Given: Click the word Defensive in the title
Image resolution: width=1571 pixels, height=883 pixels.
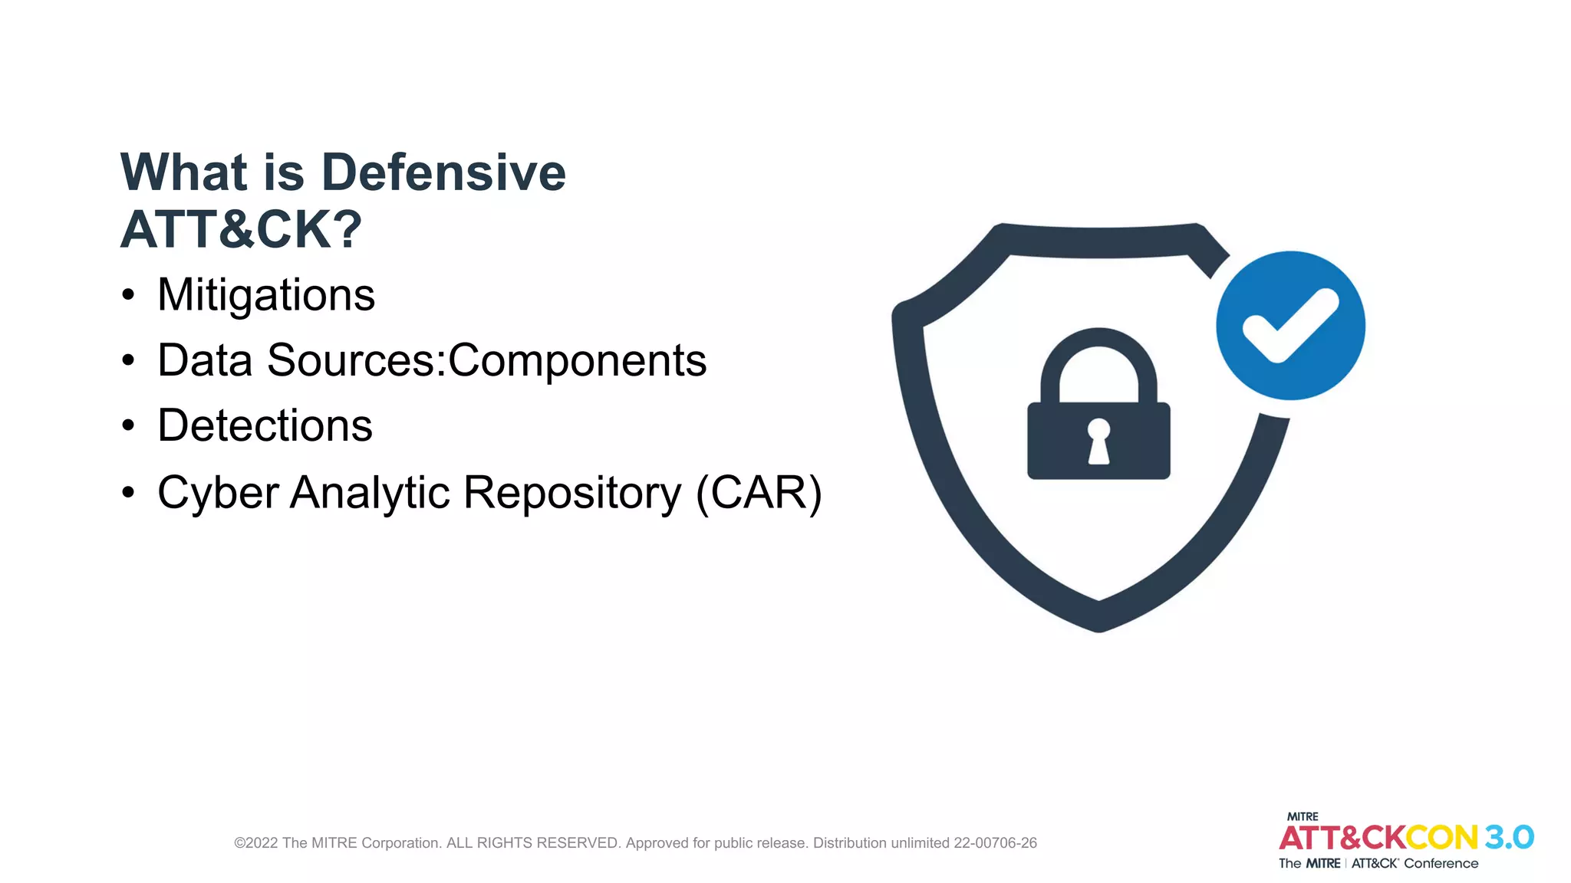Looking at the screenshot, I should coord(443,172).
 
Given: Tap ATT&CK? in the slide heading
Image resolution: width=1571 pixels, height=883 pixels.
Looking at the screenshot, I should coord(241,230).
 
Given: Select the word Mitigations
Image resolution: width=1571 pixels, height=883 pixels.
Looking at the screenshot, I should coord(266,295).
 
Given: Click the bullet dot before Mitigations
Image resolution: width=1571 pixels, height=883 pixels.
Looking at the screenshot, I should coord(128,295).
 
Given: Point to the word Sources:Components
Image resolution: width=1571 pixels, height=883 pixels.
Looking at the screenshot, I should coord(486,360).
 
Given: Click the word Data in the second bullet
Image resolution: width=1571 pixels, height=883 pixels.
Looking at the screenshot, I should coord(205,360).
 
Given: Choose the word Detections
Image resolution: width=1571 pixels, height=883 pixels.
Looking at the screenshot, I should coord(265,425).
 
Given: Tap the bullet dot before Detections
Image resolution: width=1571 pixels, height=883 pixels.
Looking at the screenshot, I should coord(128,425).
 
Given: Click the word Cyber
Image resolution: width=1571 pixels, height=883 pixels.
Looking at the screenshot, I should coord(218,492).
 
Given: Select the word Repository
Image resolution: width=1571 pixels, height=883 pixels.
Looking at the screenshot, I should coord(572,492).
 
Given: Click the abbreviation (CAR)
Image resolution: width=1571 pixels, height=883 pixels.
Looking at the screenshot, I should coord(759,492).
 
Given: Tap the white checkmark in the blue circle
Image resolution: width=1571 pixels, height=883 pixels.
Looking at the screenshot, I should coord(1290,326).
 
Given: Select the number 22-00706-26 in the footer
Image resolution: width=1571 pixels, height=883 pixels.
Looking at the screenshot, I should coord(995,843).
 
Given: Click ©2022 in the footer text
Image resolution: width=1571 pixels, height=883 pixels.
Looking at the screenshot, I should coord(255,843).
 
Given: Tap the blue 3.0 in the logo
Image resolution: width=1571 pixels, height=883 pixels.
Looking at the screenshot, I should coord(1508,838).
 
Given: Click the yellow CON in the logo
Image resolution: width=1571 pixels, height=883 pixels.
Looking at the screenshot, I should coord(1441,838).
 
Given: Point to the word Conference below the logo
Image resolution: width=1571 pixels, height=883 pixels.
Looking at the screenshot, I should coord(1441,864).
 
